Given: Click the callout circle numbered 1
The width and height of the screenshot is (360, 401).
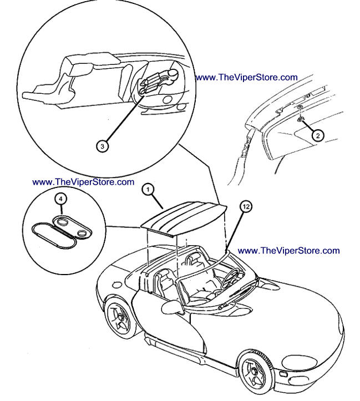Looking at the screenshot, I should (147, 189).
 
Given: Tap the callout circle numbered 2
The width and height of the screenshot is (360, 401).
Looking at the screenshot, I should (317, 135).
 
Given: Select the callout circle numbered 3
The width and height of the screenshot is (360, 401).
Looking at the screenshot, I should (102, 146).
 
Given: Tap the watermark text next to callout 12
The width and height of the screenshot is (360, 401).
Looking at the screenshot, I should (288, 251).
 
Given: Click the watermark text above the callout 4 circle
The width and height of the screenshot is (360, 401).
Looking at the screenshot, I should (83, 181).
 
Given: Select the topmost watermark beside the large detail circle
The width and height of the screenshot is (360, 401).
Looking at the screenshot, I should (246, 78).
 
